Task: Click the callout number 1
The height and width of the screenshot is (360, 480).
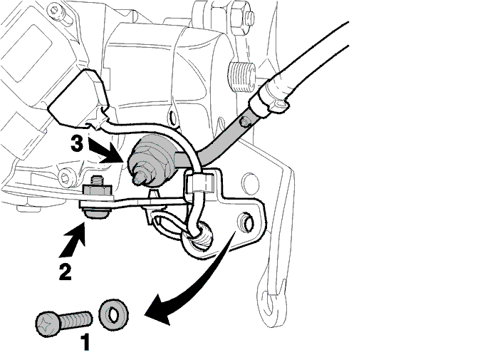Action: [85, 342]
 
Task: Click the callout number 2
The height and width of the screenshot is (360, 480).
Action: [66, 272]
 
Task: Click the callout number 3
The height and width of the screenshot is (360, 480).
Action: [76, 143]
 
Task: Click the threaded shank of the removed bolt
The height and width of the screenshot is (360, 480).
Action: [75, 321]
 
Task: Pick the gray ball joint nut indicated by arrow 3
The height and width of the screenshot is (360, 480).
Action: [151, 161]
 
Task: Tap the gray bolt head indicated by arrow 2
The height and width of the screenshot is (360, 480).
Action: [95, 212]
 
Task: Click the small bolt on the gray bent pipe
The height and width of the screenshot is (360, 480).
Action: [245, 122]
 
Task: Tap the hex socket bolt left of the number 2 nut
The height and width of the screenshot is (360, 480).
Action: [66, 177]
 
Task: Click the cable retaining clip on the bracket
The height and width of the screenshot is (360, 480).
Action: [199, 183]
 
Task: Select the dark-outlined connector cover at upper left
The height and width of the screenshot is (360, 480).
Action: [78, 98]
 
